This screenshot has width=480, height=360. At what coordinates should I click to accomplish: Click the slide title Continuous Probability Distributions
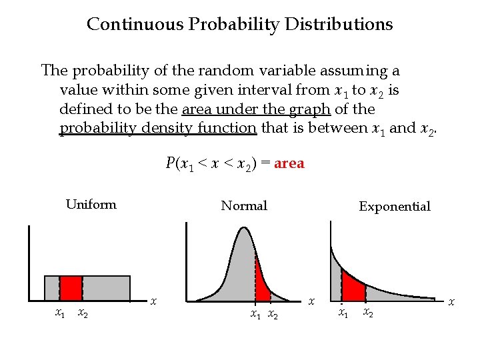pos(240,25)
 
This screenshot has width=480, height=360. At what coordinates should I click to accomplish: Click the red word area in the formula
pos(289,163)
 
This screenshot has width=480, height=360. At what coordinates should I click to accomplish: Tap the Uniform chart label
pos(91,205)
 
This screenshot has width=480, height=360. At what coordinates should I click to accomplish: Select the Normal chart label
pos(244,206)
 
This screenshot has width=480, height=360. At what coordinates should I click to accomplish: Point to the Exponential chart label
pos(395,207)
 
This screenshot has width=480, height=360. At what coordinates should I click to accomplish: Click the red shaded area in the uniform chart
pos(71,288)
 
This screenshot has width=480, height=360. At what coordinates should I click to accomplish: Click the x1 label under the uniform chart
pos(59,313)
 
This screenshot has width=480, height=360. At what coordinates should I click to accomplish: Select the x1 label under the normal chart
pos(256,315)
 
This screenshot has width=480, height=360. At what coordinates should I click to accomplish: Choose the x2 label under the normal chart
pos(272,315)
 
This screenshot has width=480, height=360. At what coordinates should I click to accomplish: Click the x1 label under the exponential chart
pos(343,312)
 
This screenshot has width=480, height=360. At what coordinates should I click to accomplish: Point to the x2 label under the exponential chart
pos(367,312)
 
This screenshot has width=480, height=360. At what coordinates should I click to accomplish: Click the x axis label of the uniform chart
pos(153,301)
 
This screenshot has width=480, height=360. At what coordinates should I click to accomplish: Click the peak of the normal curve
pos(243,229)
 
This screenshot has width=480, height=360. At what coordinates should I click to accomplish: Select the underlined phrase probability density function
pos(158,128)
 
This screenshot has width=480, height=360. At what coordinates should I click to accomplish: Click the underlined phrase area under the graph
pos(255,109)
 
